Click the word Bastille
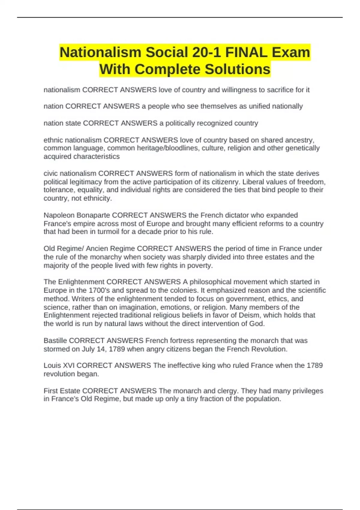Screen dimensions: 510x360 (55, 340)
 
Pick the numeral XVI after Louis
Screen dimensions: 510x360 (69, 365)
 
